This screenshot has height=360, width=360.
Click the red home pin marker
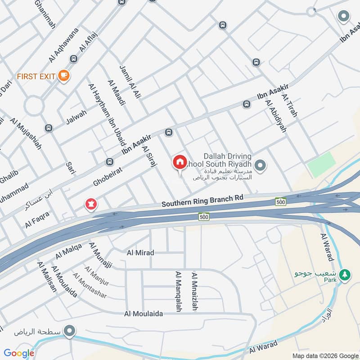[180, 162]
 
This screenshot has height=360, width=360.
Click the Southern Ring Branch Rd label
[202, 201]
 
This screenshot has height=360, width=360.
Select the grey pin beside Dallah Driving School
[260, 165]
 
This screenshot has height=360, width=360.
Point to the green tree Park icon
[345, 274]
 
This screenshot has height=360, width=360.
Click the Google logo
[18, 353]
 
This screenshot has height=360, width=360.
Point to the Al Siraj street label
[148, 156]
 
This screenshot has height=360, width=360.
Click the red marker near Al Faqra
[91, 205]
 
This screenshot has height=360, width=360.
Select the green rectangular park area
[321, 165]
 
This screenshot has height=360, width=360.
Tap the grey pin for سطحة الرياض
[69, 332]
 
